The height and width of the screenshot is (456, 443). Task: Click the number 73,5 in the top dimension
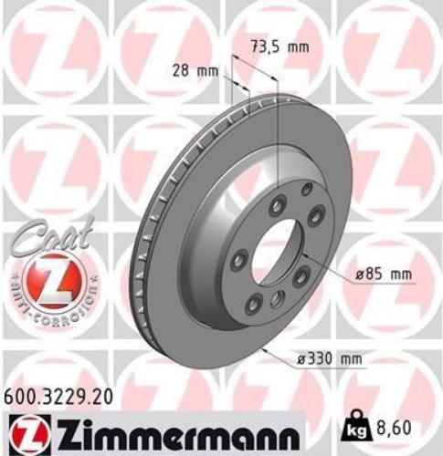(265, 46)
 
